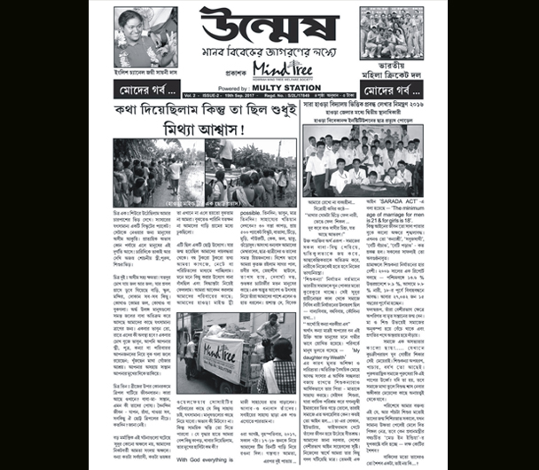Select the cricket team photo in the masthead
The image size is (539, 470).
click(x=391, y=34)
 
